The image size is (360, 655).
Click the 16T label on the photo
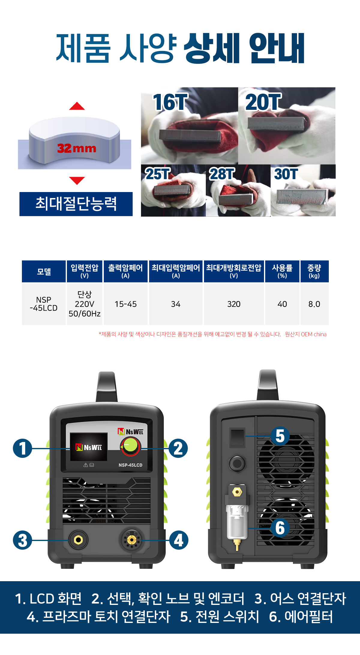170,102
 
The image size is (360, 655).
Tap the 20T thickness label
263,102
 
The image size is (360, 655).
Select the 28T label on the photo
222,174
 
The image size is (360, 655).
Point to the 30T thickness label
286,174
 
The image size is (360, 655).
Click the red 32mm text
77,148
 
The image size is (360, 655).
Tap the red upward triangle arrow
77,106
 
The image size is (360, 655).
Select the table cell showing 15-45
126,304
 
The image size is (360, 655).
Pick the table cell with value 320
234,304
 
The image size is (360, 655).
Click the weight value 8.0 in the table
314,304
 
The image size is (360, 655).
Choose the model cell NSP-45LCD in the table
44,304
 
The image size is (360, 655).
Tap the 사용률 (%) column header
282,271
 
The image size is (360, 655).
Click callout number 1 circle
22,448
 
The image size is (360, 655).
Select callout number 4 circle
179,540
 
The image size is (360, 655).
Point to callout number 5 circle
280,436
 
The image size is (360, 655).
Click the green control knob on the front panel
130,446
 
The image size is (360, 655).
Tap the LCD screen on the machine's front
88,447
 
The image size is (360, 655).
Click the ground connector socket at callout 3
78,540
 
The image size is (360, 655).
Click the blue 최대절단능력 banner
76,204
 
